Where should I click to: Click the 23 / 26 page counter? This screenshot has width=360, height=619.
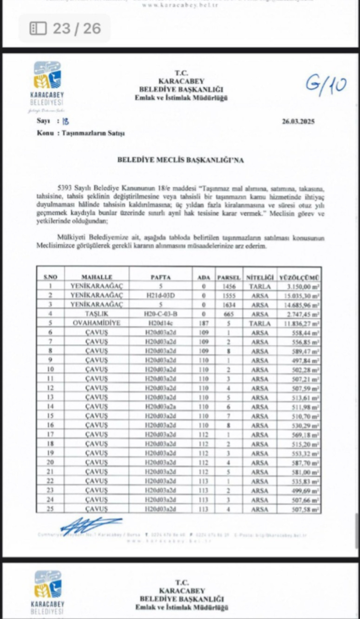(x=65, y=28)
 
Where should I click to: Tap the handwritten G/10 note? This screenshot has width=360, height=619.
(x=326, y=85)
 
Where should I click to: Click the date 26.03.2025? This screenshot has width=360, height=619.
(x=298, y=121)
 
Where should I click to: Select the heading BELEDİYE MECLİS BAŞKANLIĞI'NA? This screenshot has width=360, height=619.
(x=180, y=160)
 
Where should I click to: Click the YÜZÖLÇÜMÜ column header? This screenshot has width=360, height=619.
(x=300, y=277)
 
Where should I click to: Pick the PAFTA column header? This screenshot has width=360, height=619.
(x=161, y=277)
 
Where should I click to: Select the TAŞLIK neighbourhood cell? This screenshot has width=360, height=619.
(x=97, y=314)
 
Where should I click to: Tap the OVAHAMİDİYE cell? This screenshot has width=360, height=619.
(x=97, y=323)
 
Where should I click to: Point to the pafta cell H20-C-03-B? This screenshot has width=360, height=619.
(x=161, y=314)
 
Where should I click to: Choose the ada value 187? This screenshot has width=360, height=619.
(x=204, y=323)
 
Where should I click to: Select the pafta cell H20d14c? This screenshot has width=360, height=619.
(x=161, y=323)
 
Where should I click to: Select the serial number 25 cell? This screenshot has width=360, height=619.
(x=50, y=509)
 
